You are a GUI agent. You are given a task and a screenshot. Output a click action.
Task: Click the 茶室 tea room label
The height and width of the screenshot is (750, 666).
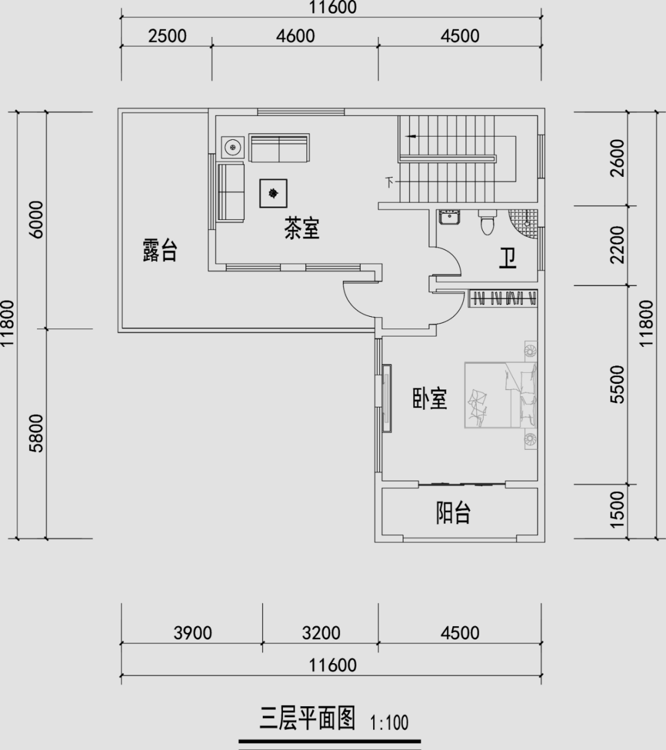point(302,229)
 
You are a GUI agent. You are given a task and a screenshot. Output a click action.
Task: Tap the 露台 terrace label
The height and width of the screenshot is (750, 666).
point(160,251)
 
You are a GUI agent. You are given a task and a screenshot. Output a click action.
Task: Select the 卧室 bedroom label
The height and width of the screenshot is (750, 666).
point(430,398)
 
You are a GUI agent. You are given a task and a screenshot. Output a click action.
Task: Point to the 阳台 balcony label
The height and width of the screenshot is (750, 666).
point(453,513)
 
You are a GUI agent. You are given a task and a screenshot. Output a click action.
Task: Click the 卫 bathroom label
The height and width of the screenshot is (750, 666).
point(508,259)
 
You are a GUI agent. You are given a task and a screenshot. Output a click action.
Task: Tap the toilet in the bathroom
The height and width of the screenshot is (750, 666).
point(487,222)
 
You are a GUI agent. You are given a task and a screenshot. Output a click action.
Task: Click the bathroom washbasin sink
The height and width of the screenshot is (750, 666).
point(450,217)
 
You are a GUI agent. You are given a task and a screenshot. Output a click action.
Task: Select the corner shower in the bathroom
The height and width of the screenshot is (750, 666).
point(524,224)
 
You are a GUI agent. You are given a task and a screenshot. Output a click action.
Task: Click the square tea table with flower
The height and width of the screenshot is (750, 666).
point(273,194)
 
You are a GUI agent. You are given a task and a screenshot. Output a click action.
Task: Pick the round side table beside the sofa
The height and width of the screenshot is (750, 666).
point(233,147)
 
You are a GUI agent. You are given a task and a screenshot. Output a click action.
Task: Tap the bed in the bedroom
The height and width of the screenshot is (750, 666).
point(501,396)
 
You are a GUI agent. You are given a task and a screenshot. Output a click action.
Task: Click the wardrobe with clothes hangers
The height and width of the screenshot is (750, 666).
point(503,298)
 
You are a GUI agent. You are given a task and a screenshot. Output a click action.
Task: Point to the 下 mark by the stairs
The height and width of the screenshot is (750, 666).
point(389,182)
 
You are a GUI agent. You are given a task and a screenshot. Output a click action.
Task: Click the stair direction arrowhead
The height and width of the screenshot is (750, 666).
point(411,136)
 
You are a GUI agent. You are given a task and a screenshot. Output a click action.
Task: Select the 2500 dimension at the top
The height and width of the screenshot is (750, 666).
point(168,36)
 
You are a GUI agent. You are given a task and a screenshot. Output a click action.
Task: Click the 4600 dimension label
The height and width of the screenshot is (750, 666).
point(295,36)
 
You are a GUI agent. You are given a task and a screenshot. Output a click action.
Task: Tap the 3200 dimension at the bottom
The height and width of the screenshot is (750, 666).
point(321,633)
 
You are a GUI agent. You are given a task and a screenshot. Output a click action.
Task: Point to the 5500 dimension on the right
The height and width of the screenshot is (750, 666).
point(617,385)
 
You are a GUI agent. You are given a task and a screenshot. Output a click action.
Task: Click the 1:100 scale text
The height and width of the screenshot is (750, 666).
point(389,723)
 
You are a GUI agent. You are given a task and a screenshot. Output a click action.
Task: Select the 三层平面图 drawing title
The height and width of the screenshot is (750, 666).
point(308,718)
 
